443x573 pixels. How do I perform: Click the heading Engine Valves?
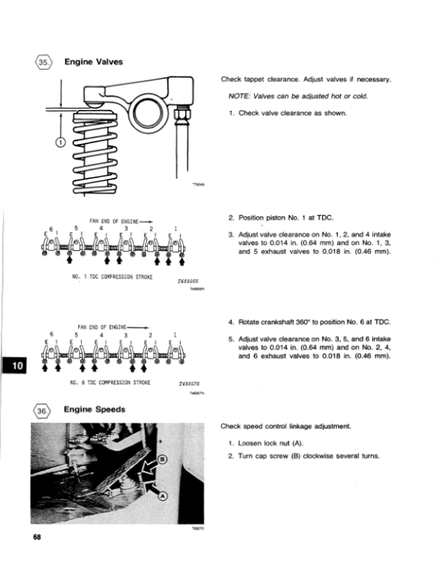click(95, 62)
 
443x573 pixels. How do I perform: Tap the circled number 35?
click(43, 63)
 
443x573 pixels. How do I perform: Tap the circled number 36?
click(43, 410)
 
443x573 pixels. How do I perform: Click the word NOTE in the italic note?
click(241, 96)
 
